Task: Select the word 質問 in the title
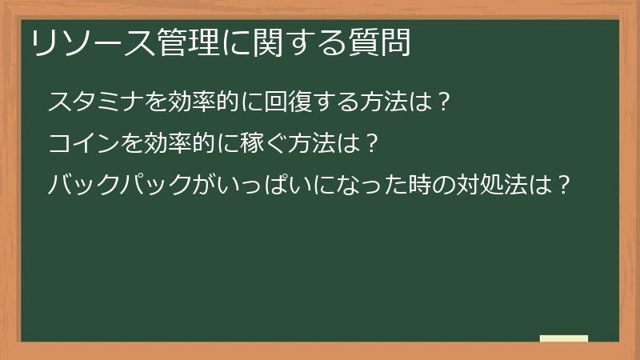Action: tap(382, 42)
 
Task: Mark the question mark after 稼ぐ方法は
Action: tap(370, 144)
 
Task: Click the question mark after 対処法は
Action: tap(563, 186)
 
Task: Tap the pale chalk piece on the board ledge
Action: tap(564, 338)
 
